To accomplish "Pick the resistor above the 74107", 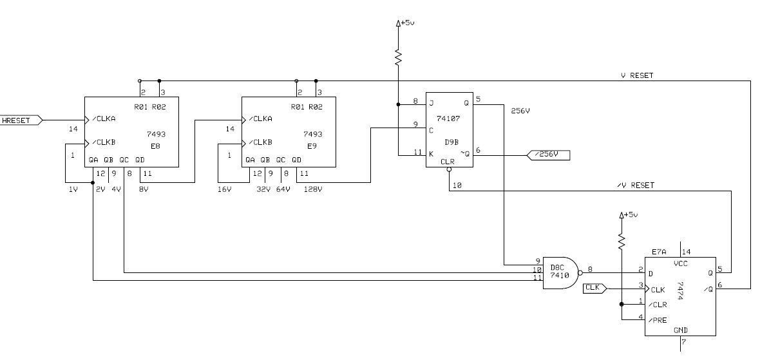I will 399,57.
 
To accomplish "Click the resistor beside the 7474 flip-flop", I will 622,241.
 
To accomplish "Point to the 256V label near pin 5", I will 520,110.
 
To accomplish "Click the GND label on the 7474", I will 680,329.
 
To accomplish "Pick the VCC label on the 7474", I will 680,263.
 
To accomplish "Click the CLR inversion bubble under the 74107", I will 449,171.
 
